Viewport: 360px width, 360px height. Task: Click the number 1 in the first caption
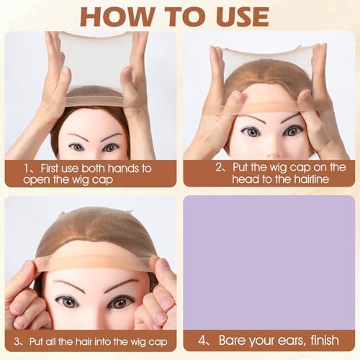[27, 168]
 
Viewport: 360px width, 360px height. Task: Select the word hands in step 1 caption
[124, 168]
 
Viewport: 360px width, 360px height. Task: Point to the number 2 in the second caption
[219, 167]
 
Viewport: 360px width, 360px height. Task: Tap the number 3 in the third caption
[17, 341]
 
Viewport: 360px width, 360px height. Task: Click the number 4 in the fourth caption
[202, 341]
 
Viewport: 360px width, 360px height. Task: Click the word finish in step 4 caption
[325, 340]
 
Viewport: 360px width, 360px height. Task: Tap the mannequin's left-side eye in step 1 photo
[77, 148]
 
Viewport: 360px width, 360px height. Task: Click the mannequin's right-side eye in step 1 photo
[110, 148]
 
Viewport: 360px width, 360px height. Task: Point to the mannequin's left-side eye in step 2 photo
[251, 131]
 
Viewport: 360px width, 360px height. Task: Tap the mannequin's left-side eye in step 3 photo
[66, 302]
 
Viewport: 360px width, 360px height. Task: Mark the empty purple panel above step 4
[269, 262]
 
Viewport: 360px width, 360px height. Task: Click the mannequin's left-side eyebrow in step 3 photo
[72, 285]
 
